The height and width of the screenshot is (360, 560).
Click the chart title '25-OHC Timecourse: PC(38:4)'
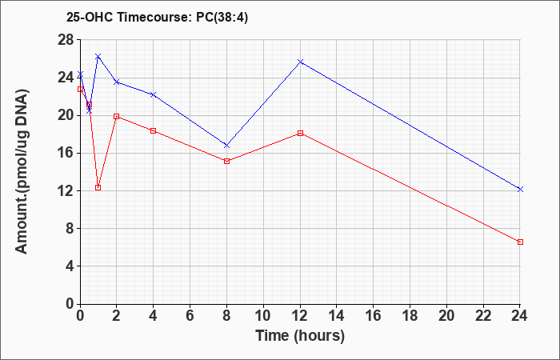[x=157, y=18]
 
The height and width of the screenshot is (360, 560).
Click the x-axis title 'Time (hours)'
[x=300, y=336]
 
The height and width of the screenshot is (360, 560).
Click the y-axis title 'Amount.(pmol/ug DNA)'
[x=22, y=172]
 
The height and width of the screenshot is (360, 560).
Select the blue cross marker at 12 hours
[x=300, y=62]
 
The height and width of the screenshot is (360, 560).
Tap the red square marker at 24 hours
[x=520, y=242]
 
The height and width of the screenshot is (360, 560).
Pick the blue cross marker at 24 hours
[x=520, y=190]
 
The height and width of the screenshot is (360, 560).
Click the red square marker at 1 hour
[x=98, y=187]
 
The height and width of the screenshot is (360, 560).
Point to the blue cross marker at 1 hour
[x=98, y=56]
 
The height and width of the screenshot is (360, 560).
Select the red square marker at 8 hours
[x=226, y=161]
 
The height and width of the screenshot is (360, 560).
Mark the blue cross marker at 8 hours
[x=226, y=146]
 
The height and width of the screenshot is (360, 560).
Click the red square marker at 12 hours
[x=300, y=134]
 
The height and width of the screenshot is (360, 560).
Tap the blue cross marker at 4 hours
[x=154, y=94]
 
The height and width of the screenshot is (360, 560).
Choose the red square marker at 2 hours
[x=117, y=117]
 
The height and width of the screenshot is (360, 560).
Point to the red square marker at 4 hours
[x=154, y=130]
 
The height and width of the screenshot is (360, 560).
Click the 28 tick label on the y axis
[x=66, y=40]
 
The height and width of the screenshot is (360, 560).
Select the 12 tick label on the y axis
[x=66, y=190]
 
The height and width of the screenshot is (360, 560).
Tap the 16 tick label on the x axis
[x=374, y=316]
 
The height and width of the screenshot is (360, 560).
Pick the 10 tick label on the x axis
[x=263, y=316]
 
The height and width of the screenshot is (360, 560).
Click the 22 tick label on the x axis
[x=483, y=316]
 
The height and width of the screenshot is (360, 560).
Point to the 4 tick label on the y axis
[x=70, y=266]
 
